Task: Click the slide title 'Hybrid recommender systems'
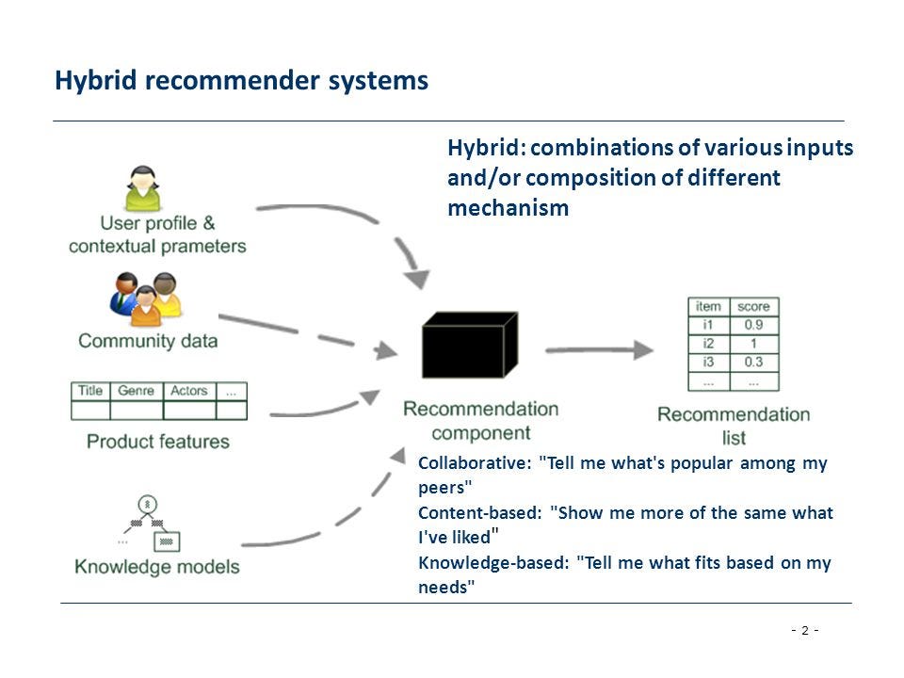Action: click(x=241, y=81)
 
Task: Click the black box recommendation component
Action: click(x=469, y=346)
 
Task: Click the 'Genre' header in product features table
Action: click(x=137, y=391)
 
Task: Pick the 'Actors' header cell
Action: click(x=188, y=391)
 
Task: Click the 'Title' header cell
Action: click(x=90, y=391)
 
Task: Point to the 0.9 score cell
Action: click(x=753, y=326)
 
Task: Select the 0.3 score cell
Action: click(x=753, y=363)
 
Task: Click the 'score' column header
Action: click(x=753, y=307)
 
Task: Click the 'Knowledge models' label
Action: click(x=157, y=567)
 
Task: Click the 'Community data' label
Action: click(x=148, y=341)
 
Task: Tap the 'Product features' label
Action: click(x=157, y=441)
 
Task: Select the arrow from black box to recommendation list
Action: click(x=599, y=350)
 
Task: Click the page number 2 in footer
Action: click(x=804, y=630)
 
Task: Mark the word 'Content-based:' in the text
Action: click(x=479, y=513)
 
